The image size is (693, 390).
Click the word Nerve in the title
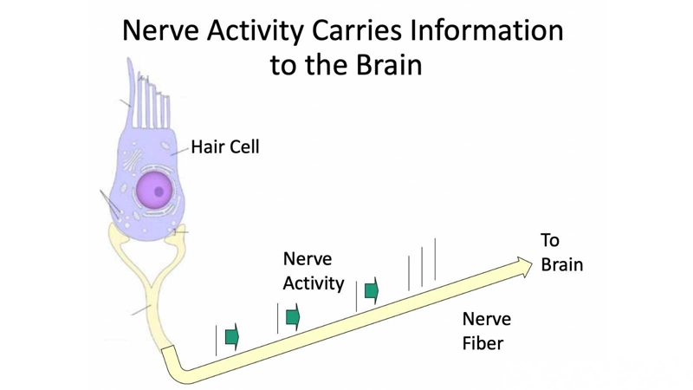[x=161, y=30]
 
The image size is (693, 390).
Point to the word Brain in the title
[x=389, y=65]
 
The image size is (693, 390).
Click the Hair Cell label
[x=225, y=146]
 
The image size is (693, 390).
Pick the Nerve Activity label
[x=314, y=271]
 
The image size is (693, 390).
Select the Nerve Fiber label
[x=487, y=331]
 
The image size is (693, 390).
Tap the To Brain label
[x=561, y=252]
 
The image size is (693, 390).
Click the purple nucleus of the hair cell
[x=153, y=191]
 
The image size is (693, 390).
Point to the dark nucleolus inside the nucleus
[x=159, y=192]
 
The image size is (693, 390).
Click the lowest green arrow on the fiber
[x=232, y=337]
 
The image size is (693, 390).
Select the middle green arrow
[x=293, y=317]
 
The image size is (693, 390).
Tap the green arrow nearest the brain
[x=372, y=291]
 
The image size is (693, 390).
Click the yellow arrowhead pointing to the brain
[x=525, y=267]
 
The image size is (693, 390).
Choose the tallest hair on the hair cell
[x=131, y=92]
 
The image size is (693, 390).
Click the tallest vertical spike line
[x=435, y=259]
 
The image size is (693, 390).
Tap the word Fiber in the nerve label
[x=483, y=343]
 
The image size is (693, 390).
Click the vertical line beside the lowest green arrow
[x=216, y=341]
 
